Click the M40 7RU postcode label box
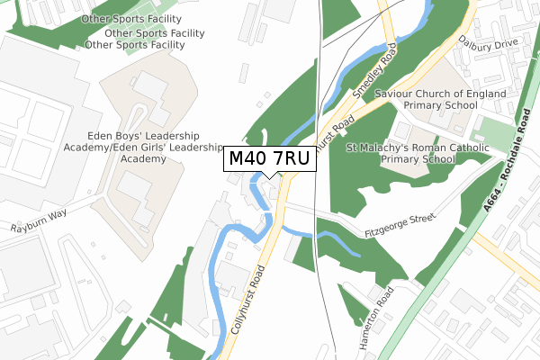(x=270, y=159)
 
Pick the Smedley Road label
(x=375, y=76)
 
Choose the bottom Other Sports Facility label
(x=135, y=44)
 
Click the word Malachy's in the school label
(x=382, y=147)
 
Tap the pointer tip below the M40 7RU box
(x=270, y=177)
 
